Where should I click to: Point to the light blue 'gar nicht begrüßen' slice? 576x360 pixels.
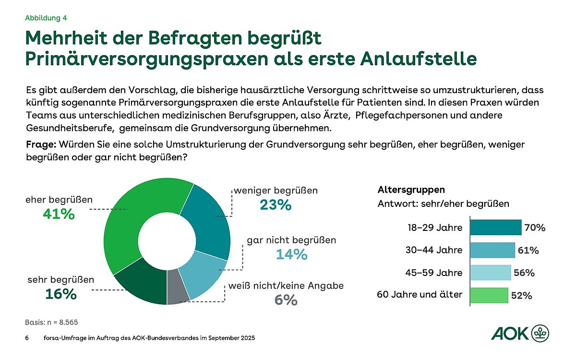[x=204, y=276]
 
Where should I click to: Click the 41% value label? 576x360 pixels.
[x=59, y=214]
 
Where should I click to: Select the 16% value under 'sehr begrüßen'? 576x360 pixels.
[x=61, y=294]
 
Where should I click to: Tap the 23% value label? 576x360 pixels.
[x=276, y=205]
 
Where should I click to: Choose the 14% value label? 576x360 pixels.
[x=291, y=254]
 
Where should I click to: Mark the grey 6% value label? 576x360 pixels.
[x=287, y=300]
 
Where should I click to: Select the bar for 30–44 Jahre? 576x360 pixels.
[x=492, y=250]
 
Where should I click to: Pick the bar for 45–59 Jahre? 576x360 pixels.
[x=490, y=273]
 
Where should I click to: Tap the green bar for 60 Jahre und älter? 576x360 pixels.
[x=489, y=295]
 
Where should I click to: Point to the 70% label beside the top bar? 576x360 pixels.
[x=534, y=228]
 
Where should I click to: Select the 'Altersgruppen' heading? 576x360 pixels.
[x=404, y=190]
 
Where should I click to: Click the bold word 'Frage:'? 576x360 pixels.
[x=40, y=144]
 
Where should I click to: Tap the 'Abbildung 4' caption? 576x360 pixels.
[x=46, y=18]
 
